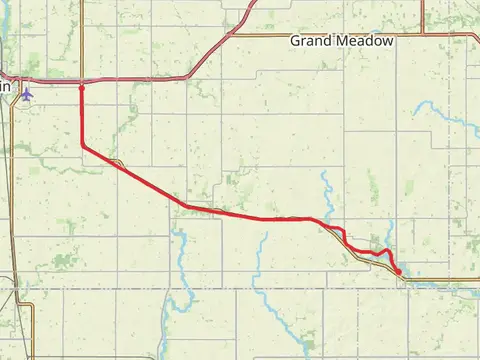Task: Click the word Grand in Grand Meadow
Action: pos(311,41)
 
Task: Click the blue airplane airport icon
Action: pos(26,93)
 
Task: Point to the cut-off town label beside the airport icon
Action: pos(5,87)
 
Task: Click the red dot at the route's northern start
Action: pos(82,87)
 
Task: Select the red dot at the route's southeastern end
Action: pos(398,271)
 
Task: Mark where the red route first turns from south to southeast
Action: pos(82,147)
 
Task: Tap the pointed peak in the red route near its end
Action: pos(387,249)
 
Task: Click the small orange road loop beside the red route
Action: pos(117,160)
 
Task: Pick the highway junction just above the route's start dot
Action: pos(82,78)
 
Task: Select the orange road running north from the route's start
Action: pos(82,40)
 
